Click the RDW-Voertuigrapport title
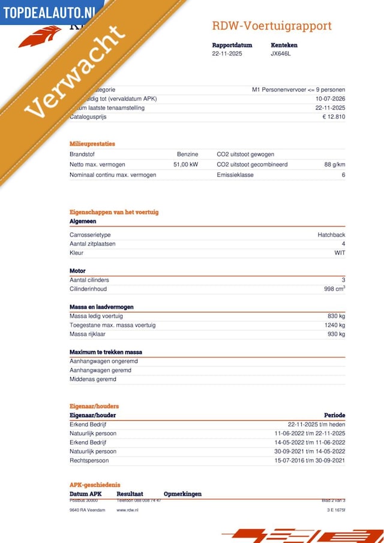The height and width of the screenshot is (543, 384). (x=271, y=26)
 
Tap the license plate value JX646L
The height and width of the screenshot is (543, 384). (x=281, y=53)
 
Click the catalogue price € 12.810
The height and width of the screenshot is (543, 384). (x=334, y=117)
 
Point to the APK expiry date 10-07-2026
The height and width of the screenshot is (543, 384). (x=330, y=99)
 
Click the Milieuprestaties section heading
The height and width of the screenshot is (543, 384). (x=92, y=144)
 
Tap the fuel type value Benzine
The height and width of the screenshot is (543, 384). (x=187, y=154)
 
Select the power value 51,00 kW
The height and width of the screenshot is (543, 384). (x=185, y=164)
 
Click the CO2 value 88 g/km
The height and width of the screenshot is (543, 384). (x=335, y=164)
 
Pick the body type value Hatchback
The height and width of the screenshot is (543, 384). (x=331, y=235)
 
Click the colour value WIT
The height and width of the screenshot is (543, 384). (x=340, y=253)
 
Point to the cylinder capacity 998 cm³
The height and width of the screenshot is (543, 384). (x=334, y=289)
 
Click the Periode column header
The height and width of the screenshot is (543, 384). (x=334, y=415)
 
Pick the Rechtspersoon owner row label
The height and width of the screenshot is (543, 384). (x=89, y=460)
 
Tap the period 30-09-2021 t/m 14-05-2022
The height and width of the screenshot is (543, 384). (x=310, y=451)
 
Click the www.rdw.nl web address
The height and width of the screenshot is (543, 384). (x=127, y=509)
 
